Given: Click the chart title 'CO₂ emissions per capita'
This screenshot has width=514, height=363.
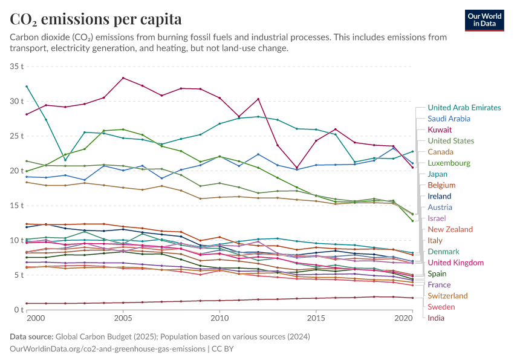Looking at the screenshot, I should pos(96,19).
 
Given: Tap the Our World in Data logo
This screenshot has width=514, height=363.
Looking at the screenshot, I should pos(484,20).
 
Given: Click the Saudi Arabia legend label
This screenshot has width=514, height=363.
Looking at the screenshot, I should pos(449,119).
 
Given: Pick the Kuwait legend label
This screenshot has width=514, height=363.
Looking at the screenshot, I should pos(440,130).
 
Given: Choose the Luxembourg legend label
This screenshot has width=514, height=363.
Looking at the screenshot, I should pos(449,163).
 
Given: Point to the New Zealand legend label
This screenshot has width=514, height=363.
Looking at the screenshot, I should pos(450,229).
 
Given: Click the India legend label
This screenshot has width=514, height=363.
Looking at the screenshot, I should pos(436,318).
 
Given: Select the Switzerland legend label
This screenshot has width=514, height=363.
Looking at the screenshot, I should pos(447,296).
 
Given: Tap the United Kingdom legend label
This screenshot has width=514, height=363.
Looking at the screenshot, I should pos(455,263).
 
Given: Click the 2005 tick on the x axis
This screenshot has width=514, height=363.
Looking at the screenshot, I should pos(123,318).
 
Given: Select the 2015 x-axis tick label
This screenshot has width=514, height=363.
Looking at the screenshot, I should pos(315,318).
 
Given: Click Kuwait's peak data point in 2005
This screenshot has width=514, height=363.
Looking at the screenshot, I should pos(123,78).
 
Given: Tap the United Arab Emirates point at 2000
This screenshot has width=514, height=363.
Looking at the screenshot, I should pos(27,87).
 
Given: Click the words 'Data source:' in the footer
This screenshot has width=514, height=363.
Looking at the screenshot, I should pos(31,336).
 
